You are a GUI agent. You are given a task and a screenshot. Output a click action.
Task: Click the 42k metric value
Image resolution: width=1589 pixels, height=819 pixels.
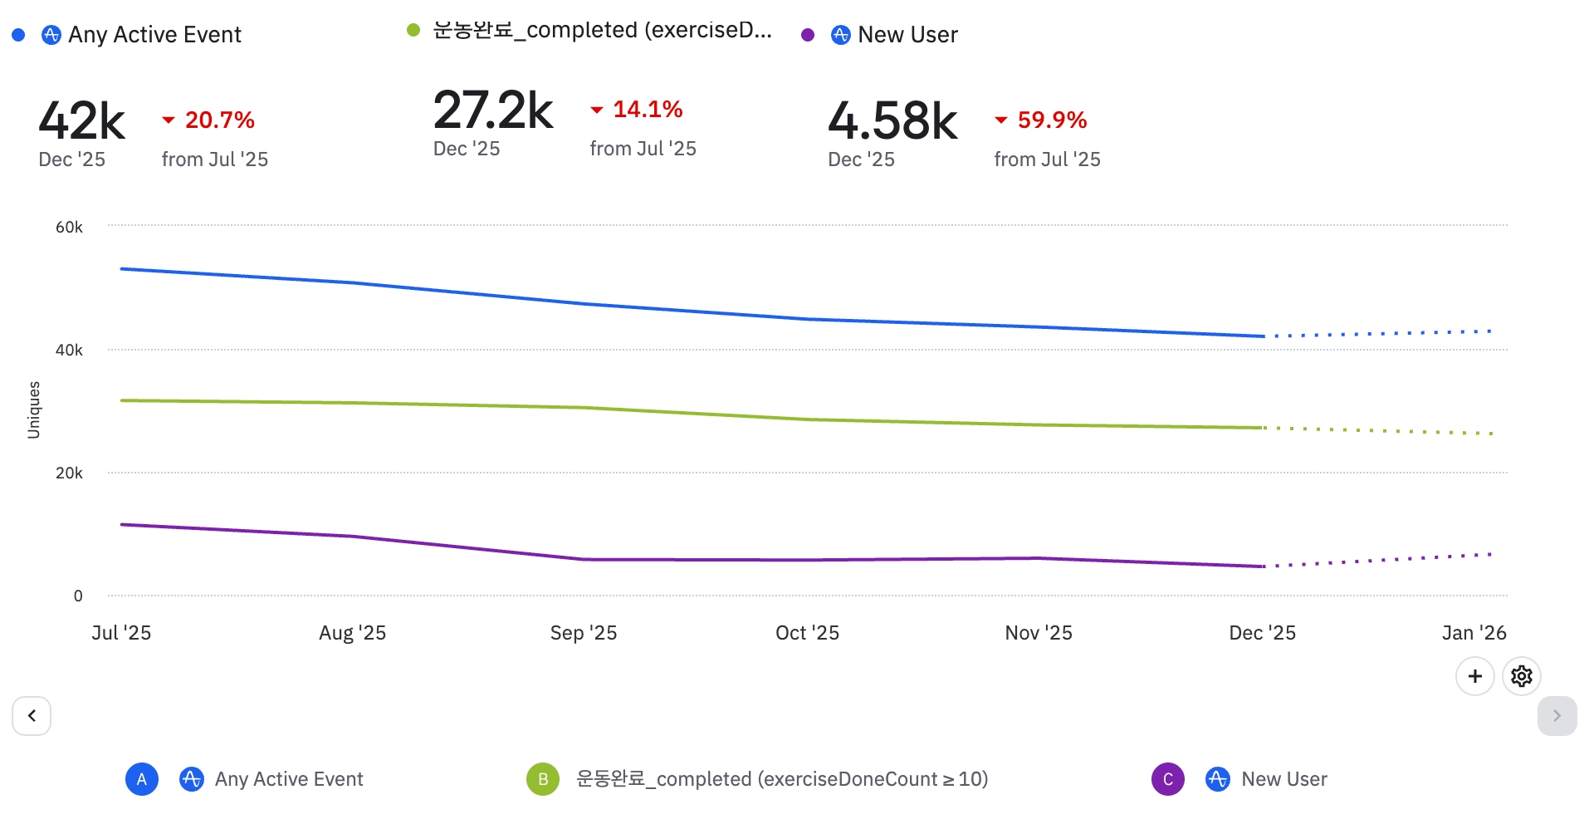tap(81, 121)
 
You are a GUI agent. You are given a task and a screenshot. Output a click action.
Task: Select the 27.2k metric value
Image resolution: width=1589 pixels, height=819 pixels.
tap(493, 110)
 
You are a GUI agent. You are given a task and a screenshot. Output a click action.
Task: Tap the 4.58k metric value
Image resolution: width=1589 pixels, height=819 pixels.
tap(892, 121)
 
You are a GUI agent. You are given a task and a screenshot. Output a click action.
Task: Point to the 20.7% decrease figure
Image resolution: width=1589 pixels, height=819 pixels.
tap(219, 120)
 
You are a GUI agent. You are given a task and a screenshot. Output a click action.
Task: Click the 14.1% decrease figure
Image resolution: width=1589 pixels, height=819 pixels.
tap(648, 110)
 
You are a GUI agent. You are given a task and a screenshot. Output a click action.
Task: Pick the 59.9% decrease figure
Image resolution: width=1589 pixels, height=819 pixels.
tap(1052, 120)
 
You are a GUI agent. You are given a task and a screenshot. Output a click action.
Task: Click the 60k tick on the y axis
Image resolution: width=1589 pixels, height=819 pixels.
tap(69, 228)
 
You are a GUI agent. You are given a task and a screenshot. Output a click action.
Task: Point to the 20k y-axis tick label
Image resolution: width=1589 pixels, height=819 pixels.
tap(69, 473)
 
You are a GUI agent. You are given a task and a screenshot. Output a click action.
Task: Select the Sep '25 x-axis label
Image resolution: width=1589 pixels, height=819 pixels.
tap(584, 633)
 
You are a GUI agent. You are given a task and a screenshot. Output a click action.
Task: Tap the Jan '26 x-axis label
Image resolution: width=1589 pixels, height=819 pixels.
tap(1474, 633)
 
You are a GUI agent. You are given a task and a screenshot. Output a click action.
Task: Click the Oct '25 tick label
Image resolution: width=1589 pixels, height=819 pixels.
tap(807, 633)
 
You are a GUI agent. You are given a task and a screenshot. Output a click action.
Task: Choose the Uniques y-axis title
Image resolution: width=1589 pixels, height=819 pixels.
tap(34, 409)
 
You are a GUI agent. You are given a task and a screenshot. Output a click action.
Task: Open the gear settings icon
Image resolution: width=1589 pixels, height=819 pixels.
tap(1521, 676)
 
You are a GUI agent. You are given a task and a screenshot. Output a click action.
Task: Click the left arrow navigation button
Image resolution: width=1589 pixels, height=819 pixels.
tap(32, 716)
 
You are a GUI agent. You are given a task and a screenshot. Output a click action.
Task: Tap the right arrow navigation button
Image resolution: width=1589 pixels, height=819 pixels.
tap(1557, 716)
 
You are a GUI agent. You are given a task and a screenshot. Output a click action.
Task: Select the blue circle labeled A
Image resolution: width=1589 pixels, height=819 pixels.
tap(142, 779)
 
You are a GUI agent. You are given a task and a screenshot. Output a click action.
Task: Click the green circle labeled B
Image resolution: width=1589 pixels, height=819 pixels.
tap(543, 779)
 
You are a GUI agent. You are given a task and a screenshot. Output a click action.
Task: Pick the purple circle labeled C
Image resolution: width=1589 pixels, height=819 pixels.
tap(1167, 779)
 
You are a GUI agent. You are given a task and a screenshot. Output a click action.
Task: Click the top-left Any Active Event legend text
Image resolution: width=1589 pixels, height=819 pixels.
tap(154, 35)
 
